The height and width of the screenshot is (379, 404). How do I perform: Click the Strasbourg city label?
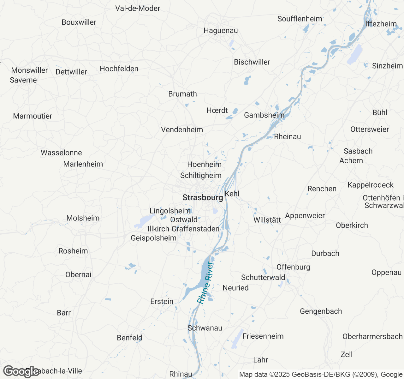point(203,198)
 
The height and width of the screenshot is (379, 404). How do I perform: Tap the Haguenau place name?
point(221,31)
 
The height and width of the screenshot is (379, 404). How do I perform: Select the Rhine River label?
point(205,283)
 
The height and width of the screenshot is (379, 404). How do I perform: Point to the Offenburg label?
point(293,267)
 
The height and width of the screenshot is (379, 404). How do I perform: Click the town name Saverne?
point(23,80)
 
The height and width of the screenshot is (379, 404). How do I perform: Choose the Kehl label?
point(232,194)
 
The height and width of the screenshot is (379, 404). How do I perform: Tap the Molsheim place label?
point(83,218)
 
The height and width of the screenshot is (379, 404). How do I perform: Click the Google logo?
point(21,371)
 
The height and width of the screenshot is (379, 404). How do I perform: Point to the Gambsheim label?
point(264,115)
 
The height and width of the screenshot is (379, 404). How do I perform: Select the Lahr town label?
point(261,360)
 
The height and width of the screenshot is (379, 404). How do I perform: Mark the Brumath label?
point(183,94)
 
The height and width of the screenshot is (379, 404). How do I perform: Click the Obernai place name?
point(78,275)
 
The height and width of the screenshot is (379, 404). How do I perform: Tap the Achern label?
point(351,161)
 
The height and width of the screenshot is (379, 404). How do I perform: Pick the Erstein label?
point(162,302)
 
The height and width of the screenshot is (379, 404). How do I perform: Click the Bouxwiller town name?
point(79,22)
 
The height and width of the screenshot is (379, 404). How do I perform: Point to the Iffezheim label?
point(381,24)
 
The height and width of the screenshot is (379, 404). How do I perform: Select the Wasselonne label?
point(61,153)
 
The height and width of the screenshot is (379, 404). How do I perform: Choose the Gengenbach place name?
point(321,311)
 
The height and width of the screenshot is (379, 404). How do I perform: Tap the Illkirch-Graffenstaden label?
point(183,229)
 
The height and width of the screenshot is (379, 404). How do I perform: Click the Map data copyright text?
point(321,375)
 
